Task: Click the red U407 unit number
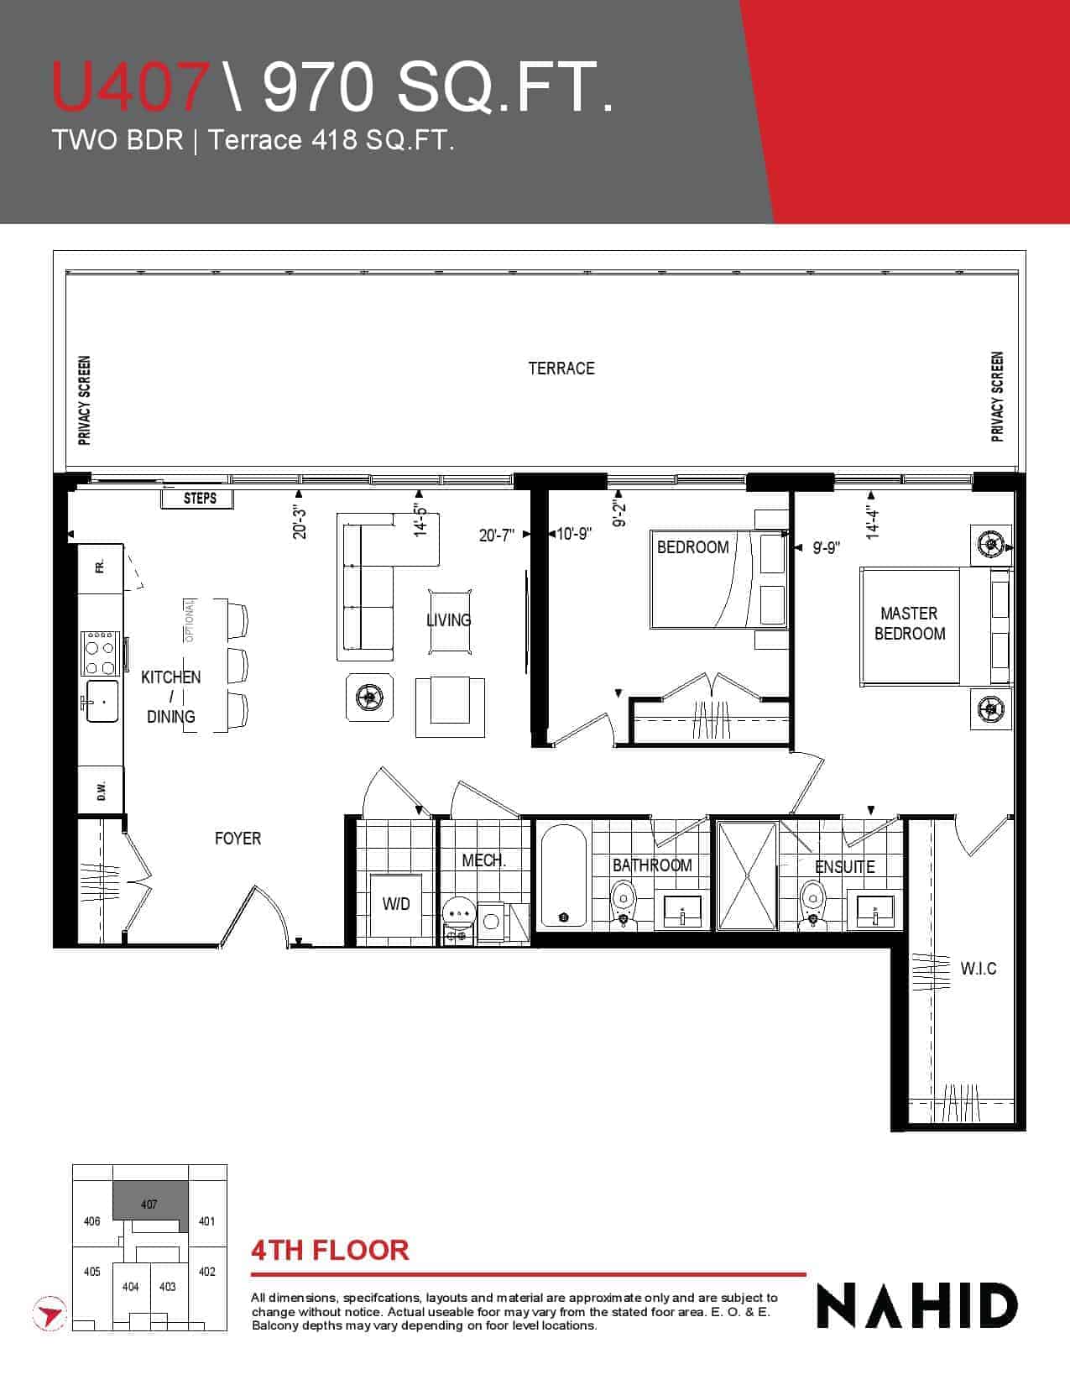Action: point(131,86)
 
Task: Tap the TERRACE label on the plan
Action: point(561,368)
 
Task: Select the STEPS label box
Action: point(197,499)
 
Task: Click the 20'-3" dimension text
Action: point(300,522)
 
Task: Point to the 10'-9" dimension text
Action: point(573,534)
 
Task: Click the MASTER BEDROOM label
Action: point(910,624)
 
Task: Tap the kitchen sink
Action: point(102,701)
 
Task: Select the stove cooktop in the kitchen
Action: point(100,653)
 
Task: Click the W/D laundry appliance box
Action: point(396,905)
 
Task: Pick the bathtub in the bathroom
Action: point(563,875)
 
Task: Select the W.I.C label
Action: point(979,969)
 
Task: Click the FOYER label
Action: point(237,839)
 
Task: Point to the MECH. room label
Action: point(483,860)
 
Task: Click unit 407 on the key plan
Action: point(149,1204)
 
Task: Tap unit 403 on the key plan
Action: point(168,1287)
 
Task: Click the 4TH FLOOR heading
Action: point(330,1251)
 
